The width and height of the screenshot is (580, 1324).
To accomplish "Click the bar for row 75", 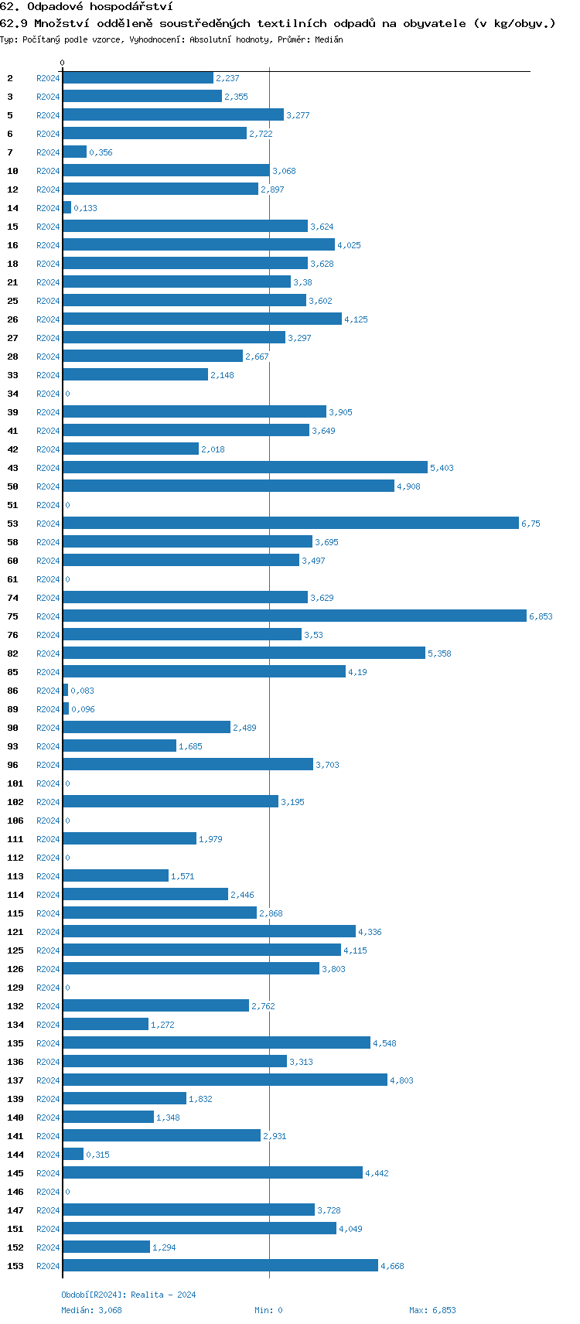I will coord(295,616).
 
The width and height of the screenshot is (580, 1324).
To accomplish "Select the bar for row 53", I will coord(291,523).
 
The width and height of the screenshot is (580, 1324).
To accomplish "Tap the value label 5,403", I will coord(442,468).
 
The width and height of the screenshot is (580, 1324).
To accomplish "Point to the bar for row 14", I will coord(67,207).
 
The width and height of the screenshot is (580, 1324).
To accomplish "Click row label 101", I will coord(15,783).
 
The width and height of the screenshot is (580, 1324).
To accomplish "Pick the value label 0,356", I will coord(101,152).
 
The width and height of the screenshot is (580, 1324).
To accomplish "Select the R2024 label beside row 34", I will coord(48,394).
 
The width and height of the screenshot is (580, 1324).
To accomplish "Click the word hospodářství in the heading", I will coord(131,7).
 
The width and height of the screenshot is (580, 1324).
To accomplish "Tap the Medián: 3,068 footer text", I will coord(91,1310).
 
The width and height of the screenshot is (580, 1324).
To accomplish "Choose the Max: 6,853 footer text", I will coord(432,1310).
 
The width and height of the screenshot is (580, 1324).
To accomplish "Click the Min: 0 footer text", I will coord(268,1310).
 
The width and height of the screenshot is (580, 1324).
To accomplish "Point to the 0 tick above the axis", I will coord(63,63).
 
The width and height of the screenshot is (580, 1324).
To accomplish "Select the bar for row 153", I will coord(220,1265).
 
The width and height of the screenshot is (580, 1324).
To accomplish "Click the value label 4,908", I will coord(408,486).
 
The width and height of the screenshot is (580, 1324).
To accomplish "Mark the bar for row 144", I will coord(73,1154).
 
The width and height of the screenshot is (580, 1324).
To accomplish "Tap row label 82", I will coord(13,653).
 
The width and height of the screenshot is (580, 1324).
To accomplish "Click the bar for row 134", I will coord(106,1024).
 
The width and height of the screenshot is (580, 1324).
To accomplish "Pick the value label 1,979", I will coord(210,839).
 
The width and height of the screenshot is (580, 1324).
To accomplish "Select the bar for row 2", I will coord(138,77).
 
